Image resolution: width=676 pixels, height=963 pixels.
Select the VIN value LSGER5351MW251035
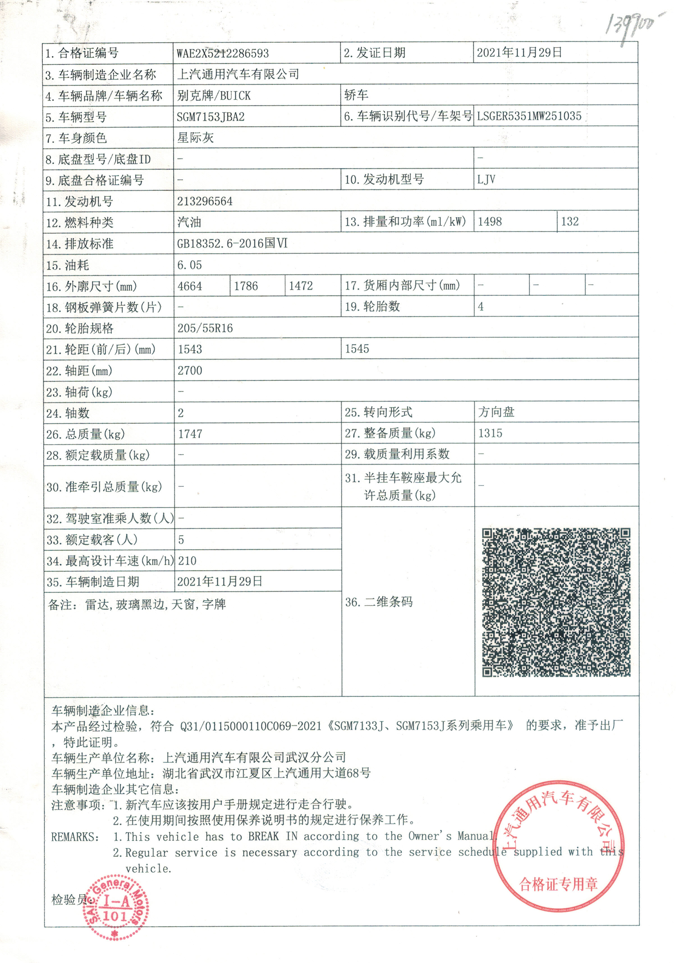click(529, 116)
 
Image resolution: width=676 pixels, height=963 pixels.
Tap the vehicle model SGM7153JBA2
click(210, 117)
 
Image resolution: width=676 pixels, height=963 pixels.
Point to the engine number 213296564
click(205, 201)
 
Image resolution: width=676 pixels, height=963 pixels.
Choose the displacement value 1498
click(490, 221)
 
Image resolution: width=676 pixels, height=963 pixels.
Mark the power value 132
click(570, 221)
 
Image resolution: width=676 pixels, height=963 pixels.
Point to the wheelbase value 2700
click(190, 370)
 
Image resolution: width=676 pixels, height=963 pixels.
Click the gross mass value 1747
click(190, 434)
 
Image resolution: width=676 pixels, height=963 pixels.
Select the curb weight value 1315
click(490, 433)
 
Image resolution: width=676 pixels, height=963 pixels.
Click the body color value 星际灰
click(195, 138)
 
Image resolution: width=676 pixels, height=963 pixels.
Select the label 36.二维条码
click(379, 602)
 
